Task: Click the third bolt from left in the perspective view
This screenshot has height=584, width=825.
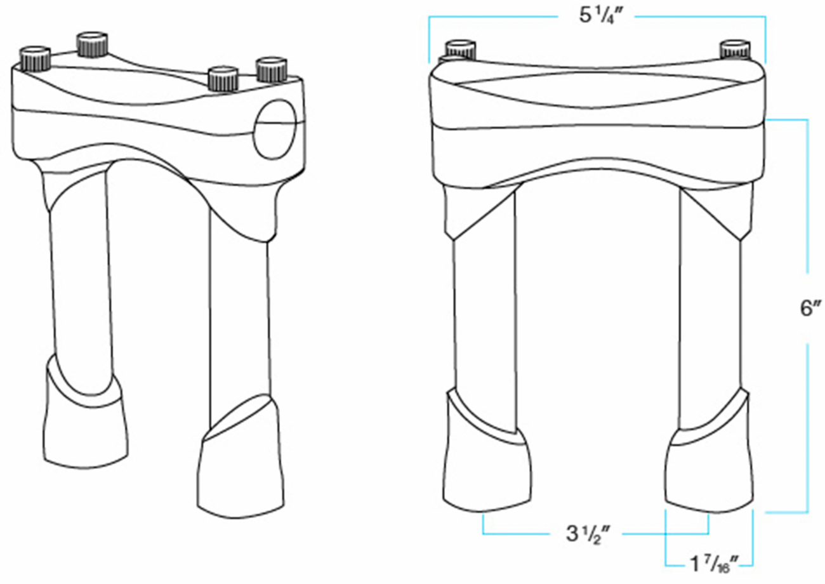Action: click(x=223, y=78)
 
